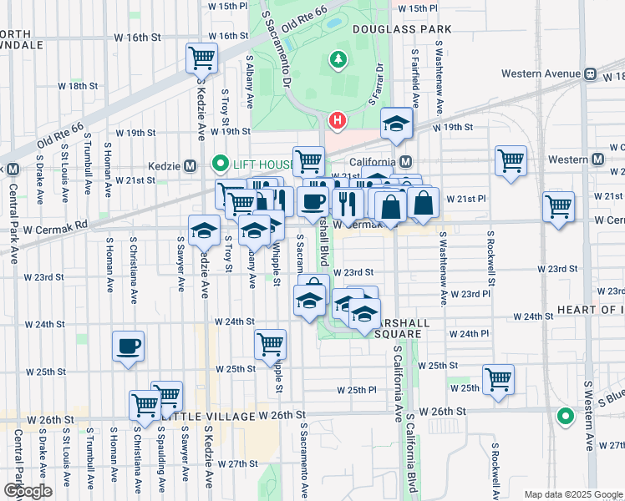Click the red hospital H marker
[x=337, y=121]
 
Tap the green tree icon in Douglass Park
[x=338, y=59]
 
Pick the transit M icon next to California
[x=405, y=161]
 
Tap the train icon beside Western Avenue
[x=590, y=73]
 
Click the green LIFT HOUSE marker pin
[x=221, y=163]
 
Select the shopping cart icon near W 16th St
[x=201, y=58]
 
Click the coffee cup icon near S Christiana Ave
[x=129, y=346]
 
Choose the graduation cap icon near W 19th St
[x=397, y=124]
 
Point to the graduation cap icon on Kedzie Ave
[x=204, y=230]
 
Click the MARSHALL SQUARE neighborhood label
[x=390, y=323]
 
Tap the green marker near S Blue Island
[x=566, y=415]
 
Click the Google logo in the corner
[x=28, y=491]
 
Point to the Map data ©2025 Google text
[x=572, y=494]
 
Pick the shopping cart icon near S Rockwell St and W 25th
[x=499, y=378]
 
